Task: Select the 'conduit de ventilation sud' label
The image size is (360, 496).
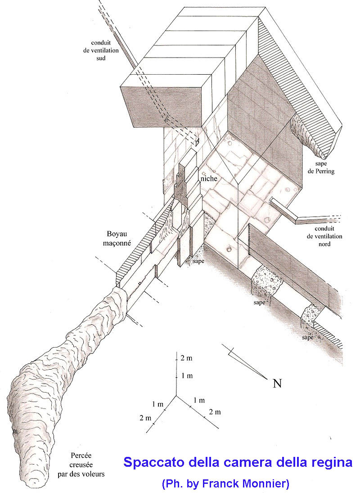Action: point(101,50)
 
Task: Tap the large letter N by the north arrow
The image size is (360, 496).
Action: point(278,384)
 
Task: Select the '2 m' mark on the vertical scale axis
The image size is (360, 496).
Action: point(186,358)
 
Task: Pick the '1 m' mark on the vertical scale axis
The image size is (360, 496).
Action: point(186,375)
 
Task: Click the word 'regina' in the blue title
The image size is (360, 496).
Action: point(329,463)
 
